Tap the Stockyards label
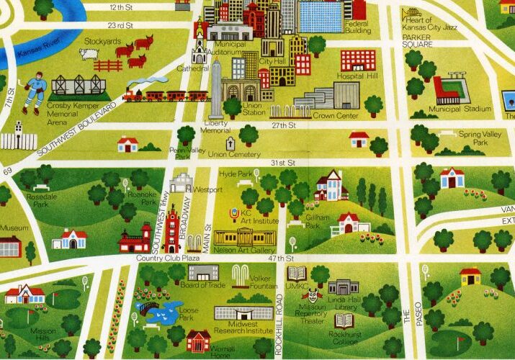click(102, 42)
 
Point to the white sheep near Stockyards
click(89, 54)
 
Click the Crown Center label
click(331, 115)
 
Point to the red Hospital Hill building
click(358, 60)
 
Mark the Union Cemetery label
click(233, 153)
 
